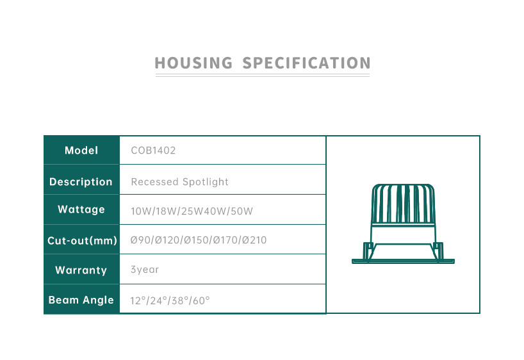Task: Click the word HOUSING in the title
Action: (x=193, y=63)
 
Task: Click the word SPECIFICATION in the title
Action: (x=306, y=63)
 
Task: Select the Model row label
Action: (x=81, y=151)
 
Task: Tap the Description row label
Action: (x=81, y=181)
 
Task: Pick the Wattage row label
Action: (x=81, y=209)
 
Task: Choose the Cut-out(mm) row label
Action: (x=82, y=240)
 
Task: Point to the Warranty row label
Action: (x=81, y=270)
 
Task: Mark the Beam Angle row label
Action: (x=81, y=300)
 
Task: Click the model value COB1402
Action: (x=153, y=151)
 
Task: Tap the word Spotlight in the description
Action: (x=205, y=181)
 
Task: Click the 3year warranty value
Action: (x=145, y=270)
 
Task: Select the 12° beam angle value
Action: (x=138, y=300)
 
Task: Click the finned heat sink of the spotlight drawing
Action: (x=403, y=204)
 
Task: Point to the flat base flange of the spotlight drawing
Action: (x=403, y=261)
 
